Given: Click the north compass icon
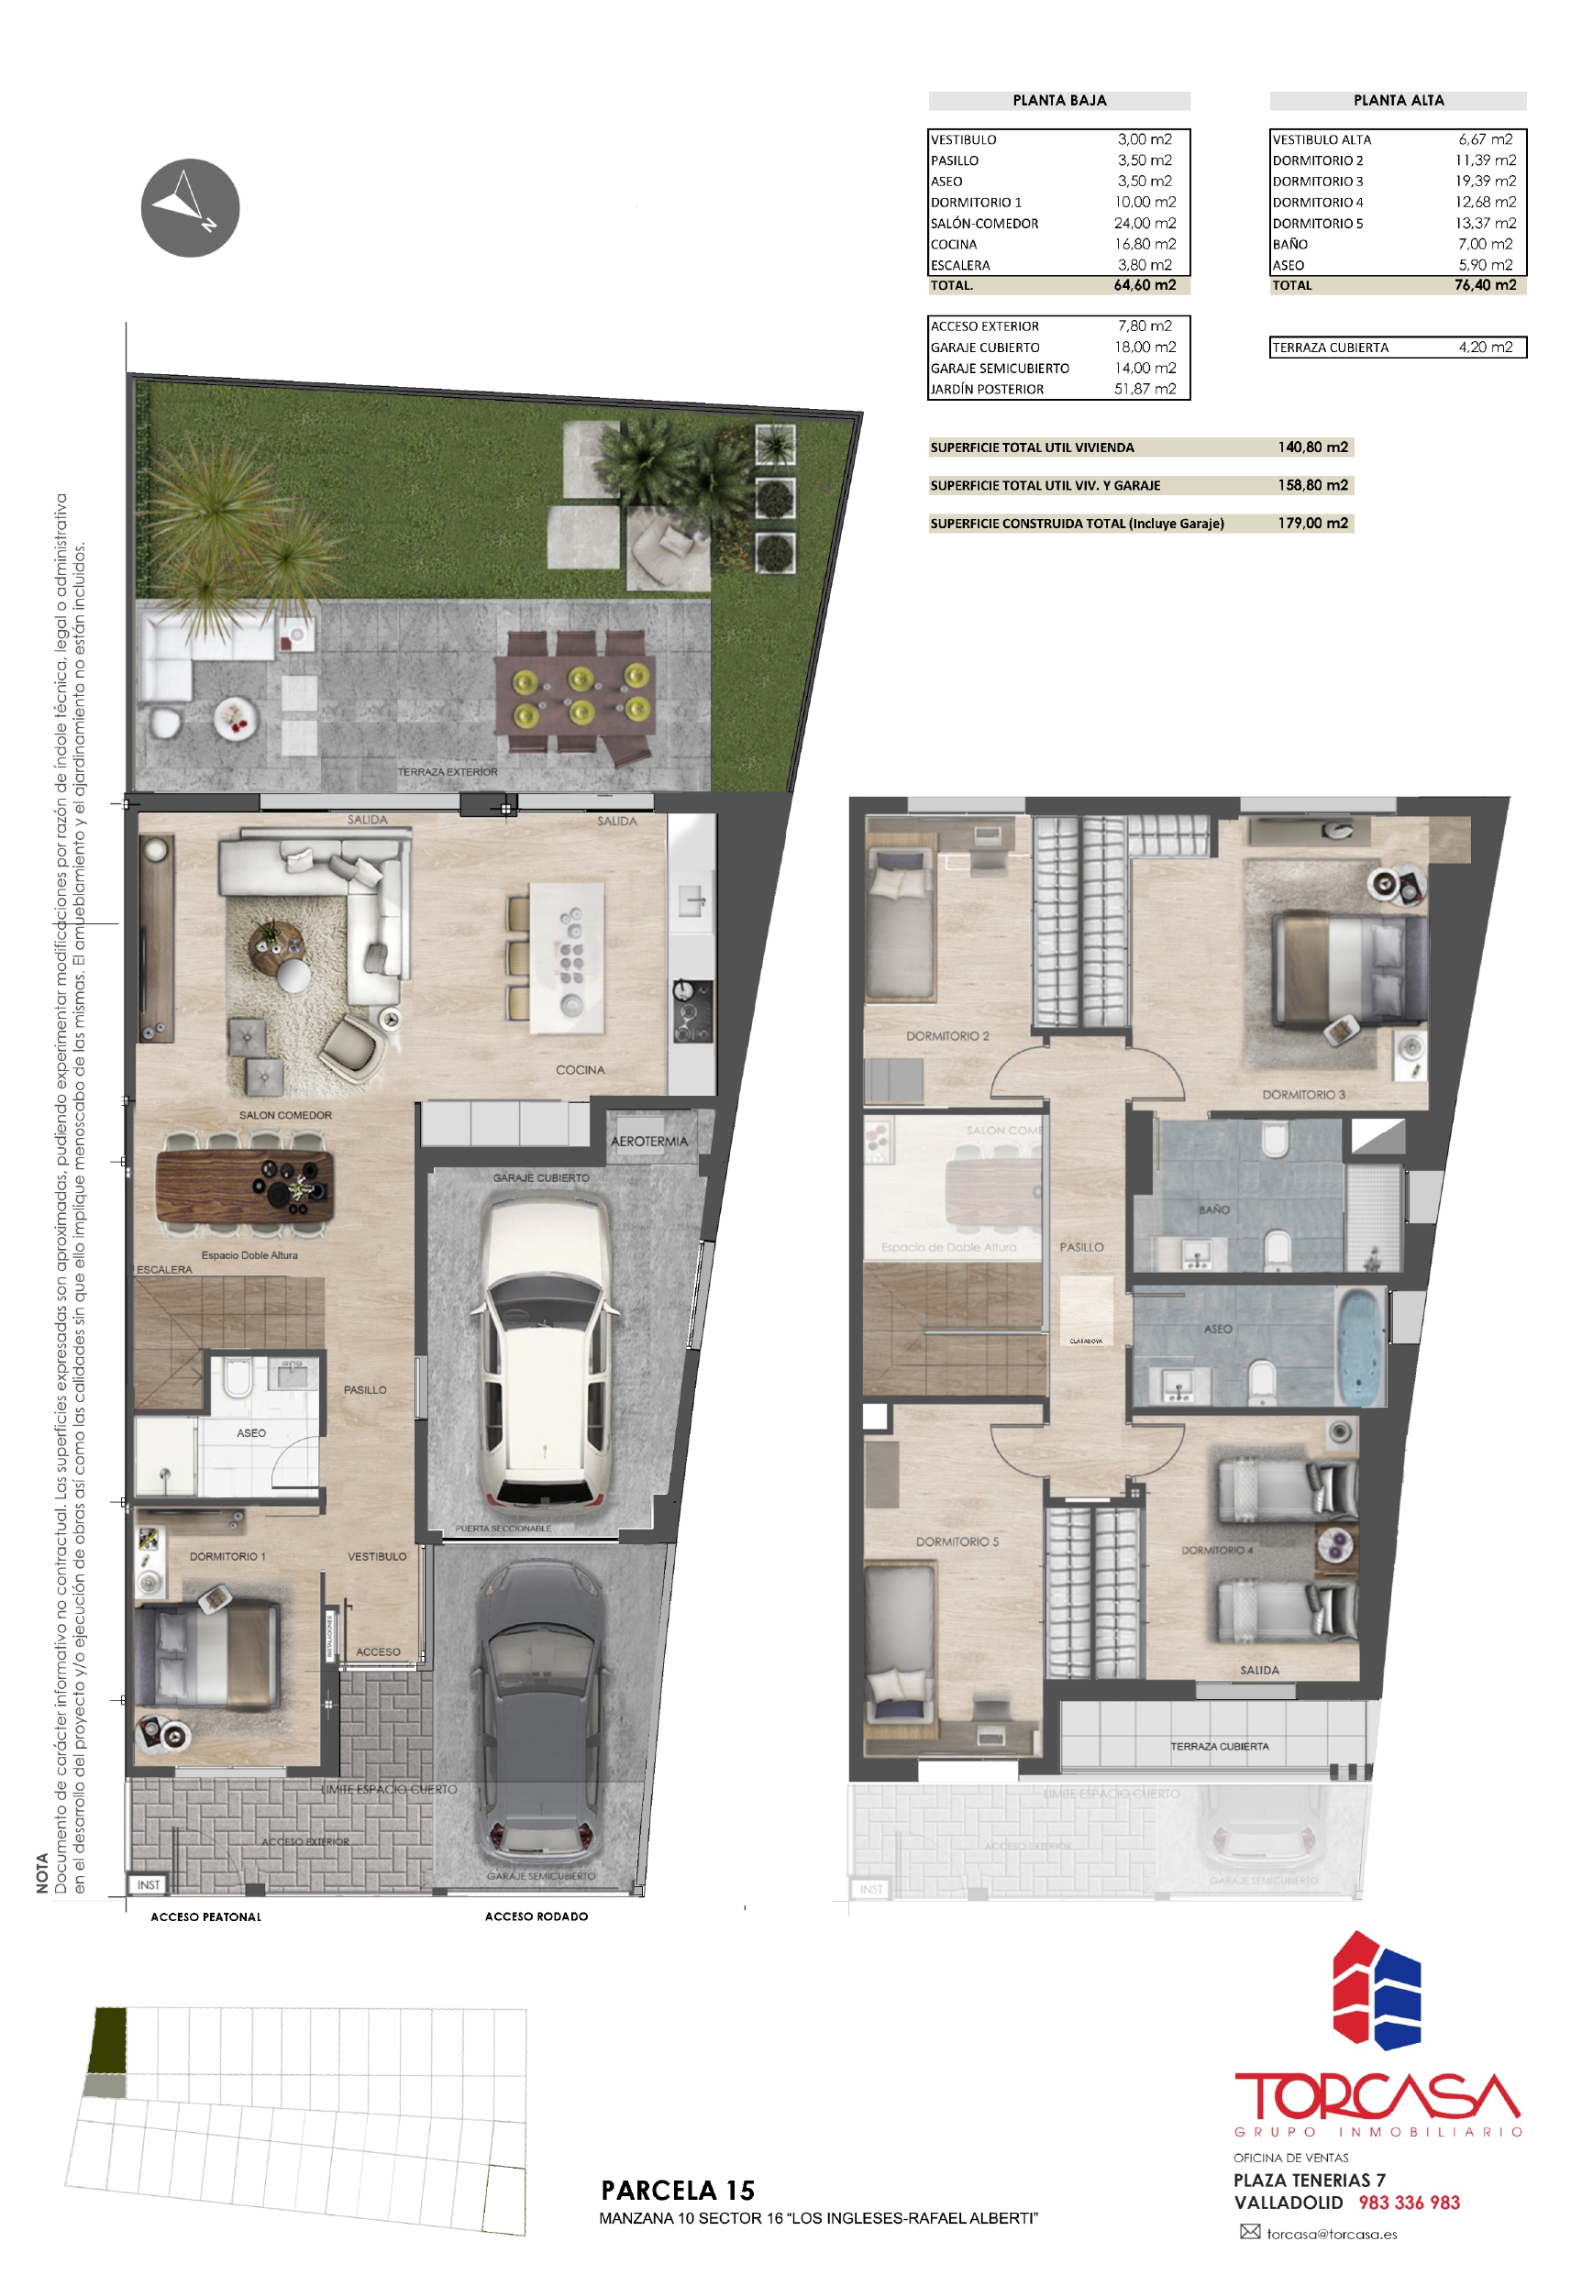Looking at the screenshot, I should coord(190,207).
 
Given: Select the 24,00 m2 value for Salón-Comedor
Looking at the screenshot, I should coord(1144,224).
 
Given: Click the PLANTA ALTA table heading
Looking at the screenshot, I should coord(1398,100).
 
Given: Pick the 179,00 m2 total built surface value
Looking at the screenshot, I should coord(1312,524).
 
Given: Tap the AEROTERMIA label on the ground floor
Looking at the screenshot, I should coord(648,1142).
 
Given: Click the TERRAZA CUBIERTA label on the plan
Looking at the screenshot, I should coord(1219,1747).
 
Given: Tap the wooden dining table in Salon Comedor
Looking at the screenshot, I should coord(245,1187).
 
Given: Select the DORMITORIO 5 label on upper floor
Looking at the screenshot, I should coord(957,1542).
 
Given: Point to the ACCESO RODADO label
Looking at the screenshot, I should coord(536,1916).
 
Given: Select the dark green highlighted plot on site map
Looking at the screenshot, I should coord(108,2042).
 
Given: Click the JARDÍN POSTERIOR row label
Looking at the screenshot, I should coord(986,390).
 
